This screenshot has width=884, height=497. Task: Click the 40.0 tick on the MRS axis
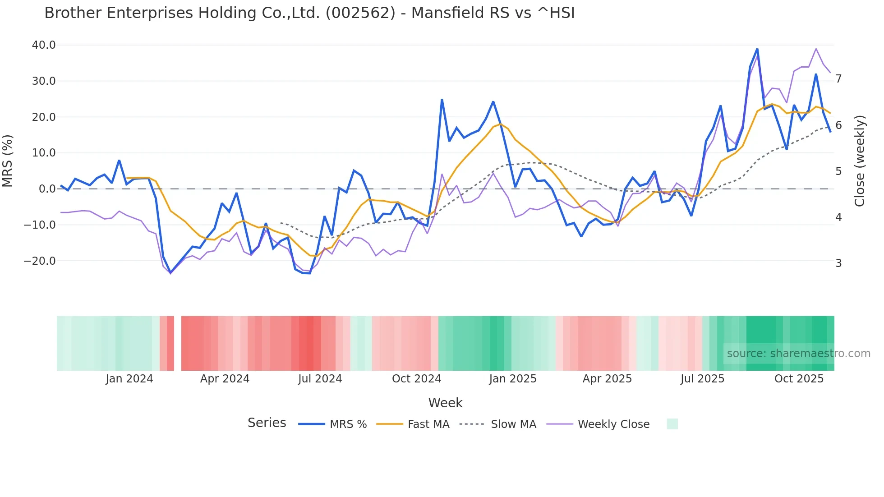(x=44, y=45)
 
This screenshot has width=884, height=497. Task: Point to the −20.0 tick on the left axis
(x=40, y=261)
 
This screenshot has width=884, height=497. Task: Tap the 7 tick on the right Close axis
(x=838, y=79)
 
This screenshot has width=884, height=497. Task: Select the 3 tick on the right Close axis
(x=838, y=263)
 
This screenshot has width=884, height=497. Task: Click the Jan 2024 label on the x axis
(x=129, y=379)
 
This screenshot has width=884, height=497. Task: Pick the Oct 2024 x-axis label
(x=416, y=379)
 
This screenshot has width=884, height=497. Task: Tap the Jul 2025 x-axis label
(x=702, y=379)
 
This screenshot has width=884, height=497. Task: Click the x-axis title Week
(x=445, y=403)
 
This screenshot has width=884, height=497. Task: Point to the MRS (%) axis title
(x=8, y=161)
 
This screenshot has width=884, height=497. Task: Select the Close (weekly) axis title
(x=860, y=161)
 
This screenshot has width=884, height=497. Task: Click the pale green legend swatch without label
(x=672, y=424)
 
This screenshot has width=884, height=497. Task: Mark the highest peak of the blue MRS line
(x=757, y=49)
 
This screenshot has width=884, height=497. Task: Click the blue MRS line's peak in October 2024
(x=442, y=100)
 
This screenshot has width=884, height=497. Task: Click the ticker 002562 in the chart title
(x=360, y=13)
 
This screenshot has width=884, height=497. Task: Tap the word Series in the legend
(x=267, y=423)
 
